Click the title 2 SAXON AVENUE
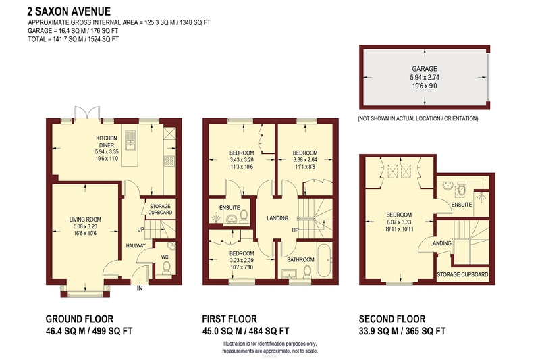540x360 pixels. tap(69, 11)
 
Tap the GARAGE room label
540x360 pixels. tap(425, 68)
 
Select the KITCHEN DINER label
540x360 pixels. tap(107, 142)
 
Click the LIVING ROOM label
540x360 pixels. tap(85, 220)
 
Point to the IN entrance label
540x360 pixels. tap(140, 288)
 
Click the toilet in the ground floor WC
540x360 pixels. tap(167, 267)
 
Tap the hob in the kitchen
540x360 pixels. tap(170, 161)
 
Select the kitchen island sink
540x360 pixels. tap(131, 140)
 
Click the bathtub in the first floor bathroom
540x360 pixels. tap(325, 260)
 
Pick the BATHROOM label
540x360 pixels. tap(300, 260)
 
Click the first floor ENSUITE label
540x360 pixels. tap(230, 208)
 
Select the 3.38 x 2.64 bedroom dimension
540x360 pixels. tap(305, 160)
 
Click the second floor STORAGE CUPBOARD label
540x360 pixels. tap(462, 275)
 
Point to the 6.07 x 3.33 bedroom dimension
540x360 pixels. tap(399, 222)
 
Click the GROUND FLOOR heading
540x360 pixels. tap(80, 319)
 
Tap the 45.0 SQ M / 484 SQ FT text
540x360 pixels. tap(246, 332)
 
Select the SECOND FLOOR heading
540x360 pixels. tap(392, 319)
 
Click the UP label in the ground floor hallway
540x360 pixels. tap(141, 229)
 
